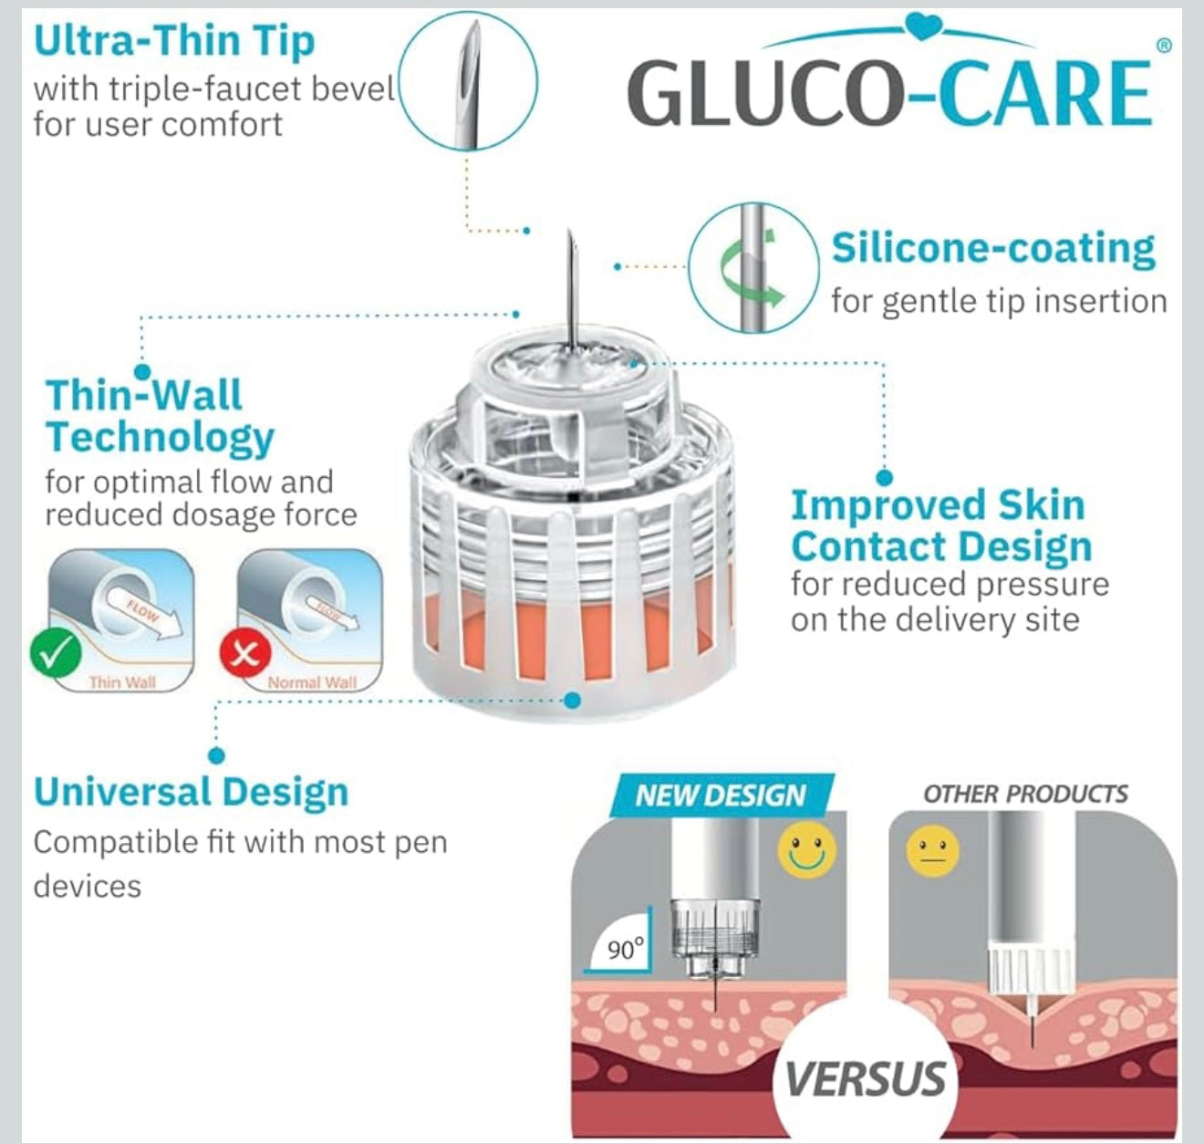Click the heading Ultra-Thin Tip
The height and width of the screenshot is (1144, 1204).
[x=174, y=41]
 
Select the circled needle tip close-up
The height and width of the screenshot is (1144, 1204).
[x=469, y=83]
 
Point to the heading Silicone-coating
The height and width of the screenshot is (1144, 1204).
[x=993, y=249]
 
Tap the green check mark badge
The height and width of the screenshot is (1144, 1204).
[x=56, y=652]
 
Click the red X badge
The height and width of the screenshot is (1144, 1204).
[x=245, y=653]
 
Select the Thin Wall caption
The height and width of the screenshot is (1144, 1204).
[x=122, y=682]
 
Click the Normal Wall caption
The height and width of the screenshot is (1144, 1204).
[x=312, y=682]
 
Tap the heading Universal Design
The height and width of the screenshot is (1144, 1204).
[x=192, y=792]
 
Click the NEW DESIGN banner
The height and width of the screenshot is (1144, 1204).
[x=721, y=796]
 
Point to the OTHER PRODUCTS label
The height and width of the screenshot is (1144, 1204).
[x=1025, y=794]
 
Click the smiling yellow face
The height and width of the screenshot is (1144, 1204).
[x=806, y=850]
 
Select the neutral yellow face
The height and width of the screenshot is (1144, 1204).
[x=932, y=850]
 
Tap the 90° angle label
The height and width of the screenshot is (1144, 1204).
[x=626, y=949]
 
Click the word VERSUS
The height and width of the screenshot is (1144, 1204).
[x=865, y=1078]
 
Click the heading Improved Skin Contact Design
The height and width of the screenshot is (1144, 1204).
[x=939, y=525]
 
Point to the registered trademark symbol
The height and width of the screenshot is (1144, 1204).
[x=1163, y=45]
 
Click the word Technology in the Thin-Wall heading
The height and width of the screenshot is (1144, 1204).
[x=160, y=437]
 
